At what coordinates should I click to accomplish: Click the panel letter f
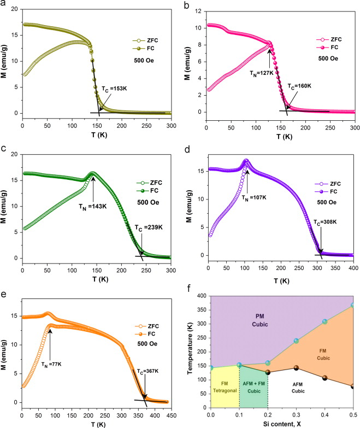coord(189,288)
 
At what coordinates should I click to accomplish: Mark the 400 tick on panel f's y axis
coord(202,296)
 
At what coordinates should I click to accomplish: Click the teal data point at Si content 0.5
coord(353,306)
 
